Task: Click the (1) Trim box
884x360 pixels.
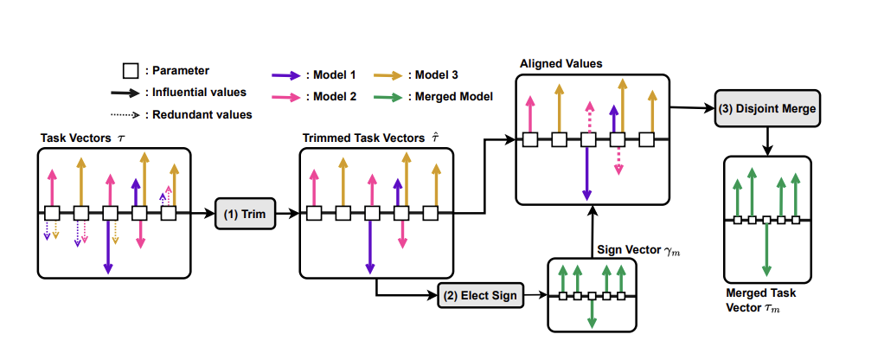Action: [x=245, y=213]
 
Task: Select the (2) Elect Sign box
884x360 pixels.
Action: [x=480, y=296]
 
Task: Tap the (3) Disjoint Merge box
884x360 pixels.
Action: [x=765, y=109]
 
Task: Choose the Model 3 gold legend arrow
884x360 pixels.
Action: [x=387, y=75]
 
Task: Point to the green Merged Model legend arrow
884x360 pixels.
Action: [x=387, y=96]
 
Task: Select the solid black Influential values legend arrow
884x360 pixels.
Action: [x=126, y=92]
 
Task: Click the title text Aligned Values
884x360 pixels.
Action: [x=561, y=64]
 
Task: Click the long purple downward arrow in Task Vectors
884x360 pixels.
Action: [x=109, y=246]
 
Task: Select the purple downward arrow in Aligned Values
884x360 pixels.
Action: [x=587, y=170]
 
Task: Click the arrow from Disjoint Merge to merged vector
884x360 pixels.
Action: [x=767, y=141]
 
